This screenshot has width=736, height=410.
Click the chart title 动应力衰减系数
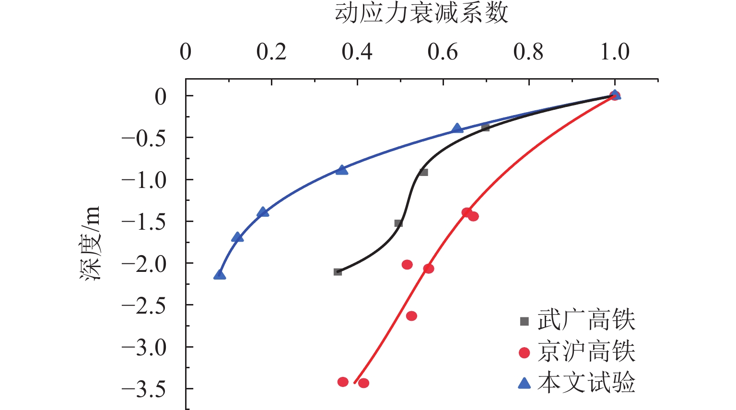(x=421, y=13)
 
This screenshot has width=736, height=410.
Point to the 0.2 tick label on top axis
(x=271, y=52)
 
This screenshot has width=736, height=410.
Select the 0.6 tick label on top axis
(x=443, y=52)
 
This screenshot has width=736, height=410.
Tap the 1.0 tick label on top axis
(x=615, y=52)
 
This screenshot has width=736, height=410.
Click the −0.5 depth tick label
(x=144, y=139)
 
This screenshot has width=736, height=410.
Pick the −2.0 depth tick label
(x=144, y=264)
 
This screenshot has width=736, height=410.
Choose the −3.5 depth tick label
(x=144, y=390)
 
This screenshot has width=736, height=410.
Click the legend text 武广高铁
(x=586, y=320)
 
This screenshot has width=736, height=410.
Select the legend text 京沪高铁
(x=586, y=352)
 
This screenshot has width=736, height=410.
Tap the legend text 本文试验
(x=586, y=383)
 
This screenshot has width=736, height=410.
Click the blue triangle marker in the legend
(x=525, y=383)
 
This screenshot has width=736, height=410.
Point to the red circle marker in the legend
(x=525, y=353)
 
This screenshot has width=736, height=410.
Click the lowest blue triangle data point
(x=220, y=275)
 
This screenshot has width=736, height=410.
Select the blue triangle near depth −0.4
(x=457, y=129)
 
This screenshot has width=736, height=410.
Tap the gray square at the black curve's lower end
(x=338, y=272)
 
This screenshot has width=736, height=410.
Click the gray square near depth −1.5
(x=398, y=223)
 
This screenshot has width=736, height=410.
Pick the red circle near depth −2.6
(x=411, y=316)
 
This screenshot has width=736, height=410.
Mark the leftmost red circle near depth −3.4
(x=343, y=382)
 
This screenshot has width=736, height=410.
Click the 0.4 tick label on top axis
(x=357, y=52)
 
